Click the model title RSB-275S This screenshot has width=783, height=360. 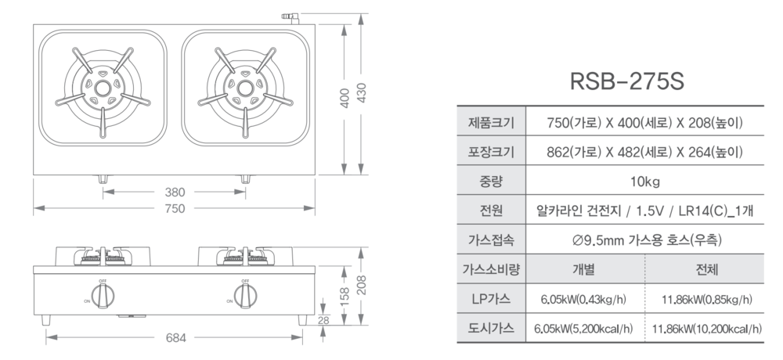click(x=626, y=81)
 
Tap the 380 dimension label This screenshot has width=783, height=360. click(x=175, y=192)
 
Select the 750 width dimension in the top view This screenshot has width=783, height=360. click(x=175, y=208)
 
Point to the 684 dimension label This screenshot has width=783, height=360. click(x=175, y=338)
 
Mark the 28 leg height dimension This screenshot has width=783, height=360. click(x=323, y=321)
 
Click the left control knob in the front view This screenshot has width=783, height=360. click(x=103, y=296)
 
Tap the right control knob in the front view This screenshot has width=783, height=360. click(x=245, y=296)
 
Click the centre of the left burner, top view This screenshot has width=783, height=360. click(x=103, y=88)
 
